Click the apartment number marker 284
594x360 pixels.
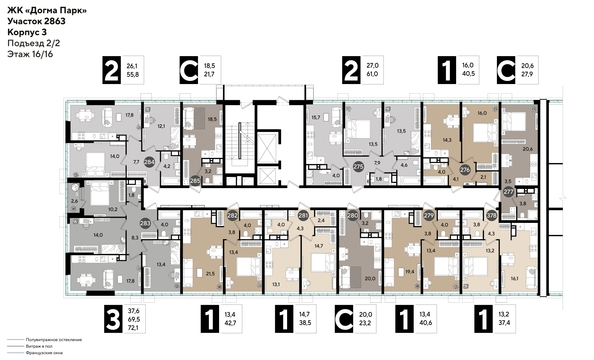[149, 161]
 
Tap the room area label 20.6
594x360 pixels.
[529, 147]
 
